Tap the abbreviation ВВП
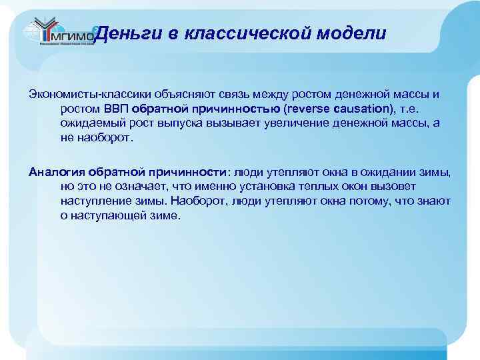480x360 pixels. click(115, 109)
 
